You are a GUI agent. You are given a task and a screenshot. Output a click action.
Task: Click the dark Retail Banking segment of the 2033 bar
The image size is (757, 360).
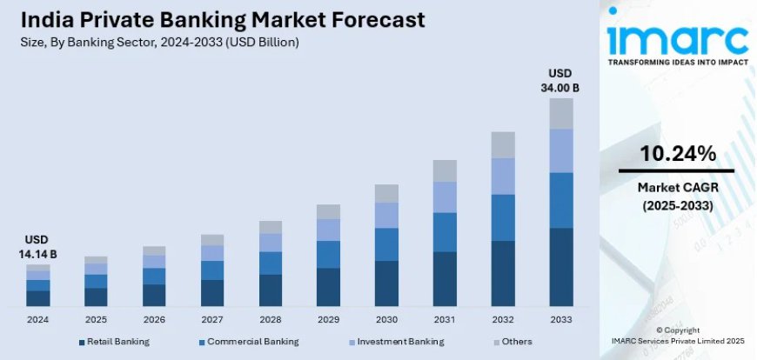tap(561, 267)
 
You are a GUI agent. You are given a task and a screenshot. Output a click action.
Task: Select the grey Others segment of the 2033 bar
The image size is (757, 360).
tap(561, 113)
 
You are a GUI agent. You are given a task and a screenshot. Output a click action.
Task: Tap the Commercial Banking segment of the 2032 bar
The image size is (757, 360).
tap(503, 217)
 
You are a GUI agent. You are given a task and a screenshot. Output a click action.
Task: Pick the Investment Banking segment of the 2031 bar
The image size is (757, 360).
tap(445, 197)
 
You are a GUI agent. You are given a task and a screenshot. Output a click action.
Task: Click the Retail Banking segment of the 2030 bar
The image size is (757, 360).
tap(386, 283)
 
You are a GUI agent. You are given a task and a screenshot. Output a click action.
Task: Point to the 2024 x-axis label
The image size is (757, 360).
tap(37, 319)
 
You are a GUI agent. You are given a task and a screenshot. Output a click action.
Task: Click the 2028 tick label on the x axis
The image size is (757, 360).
tap(270, 319)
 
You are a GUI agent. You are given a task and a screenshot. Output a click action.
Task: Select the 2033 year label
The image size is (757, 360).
tap(561, 319)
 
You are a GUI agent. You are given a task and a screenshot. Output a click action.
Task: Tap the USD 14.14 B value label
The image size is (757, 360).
tap(37, 246)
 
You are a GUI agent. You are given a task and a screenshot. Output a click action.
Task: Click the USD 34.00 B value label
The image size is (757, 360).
tap(561, 80)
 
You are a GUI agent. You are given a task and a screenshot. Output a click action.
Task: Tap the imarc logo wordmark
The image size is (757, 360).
tap(677, 36)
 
